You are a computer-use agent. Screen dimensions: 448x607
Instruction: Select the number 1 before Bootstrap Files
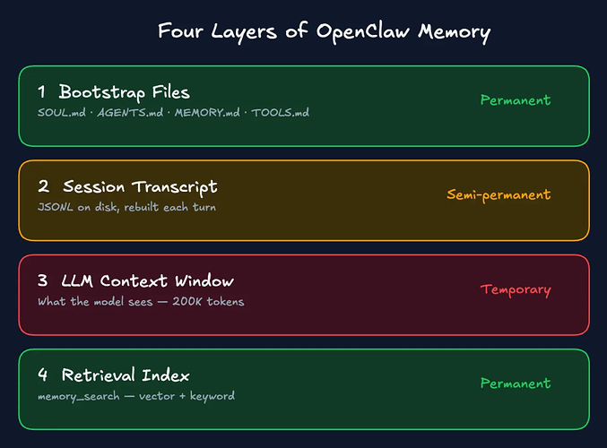pos(42,92)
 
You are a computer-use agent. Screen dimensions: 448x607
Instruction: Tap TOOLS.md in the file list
pos(280,113)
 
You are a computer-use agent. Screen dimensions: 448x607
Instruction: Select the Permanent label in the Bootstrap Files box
pos(516,100)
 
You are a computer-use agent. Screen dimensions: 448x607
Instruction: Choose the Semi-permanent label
pos(499,194)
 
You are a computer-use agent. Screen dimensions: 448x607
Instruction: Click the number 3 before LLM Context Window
pos(43,281)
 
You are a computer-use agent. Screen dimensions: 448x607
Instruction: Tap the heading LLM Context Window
pos(148,281)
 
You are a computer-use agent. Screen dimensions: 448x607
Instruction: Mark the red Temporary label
pos(516,289)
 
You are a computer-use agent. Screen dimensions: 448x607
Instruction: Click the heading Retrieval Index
pos(125,375)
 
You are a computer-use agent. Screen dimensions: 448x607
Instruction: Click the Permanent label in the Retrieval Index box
pos(516,383)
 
